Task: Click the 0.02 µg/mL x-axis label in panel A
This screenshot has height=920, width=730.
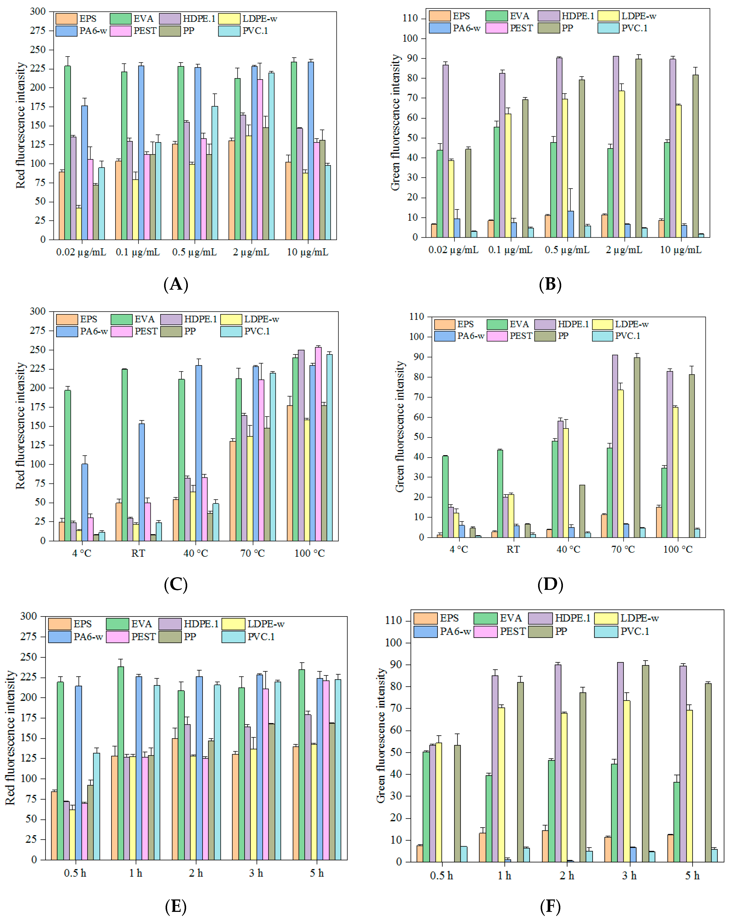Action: (x=81, y=252)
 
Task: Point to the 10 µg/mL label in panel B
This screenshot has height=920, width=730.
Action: (x=681, y=250)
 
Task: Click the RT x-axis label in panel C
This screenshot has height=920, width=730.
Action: (x=138, y=553)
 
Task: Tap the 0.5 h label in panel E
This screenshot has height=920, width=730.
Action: (x=75, y=873)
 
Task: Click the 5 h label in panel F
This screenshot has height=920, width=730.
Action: (x=693, y=876)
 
